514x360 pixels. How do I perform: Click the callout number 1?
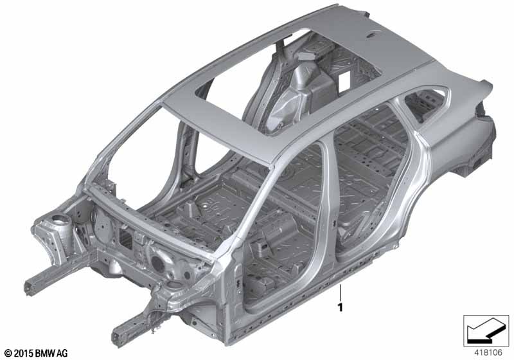tap(341, 307)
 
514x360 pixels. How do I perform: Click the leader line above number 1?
tap(341, 292)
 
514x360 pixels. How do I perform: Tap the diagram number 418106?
tap(488, 353)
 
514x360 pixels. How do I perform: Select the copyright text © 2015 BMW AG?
tap(36, 353)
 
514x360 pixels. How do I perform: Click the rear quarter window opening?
tap(425, 104)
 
